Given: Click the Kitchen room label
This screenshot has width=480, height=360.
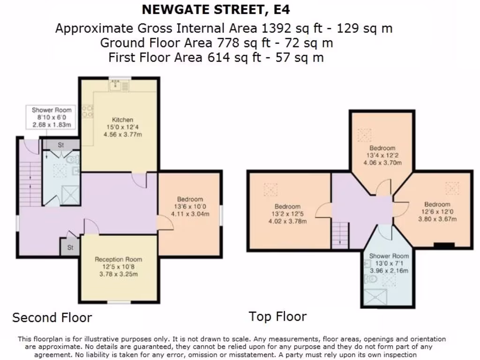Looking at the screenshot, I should [x=122, y=120].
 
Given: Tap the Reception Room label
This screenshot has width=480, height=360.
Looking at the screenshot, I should [x=118, y=259].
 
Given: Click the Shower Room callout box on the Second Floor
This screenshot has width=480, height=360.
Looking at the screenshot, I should [x=52, y=117].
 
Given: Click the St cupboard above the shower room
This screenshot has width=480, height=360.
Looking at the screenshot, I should [x=60, y=145].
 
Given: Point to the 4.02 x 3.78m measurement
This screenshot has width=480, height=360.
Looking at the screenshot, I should [x=287, y=221].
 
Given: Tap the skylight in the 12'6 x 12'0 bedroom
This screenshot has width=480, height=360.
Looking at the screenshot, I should [x=452, y=188].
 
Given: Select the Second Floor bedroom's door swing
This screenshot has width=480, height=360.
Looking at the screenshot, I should [x=165, y=222].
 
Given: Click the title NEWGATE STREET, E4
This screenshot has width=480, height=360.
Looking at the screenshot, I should [x=219, y=9].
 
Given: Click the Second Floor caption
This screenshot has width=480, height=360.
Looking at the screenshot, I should [x=52, y=318].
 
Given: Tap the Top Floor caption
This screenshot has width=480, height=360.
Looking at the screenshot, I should [x=277, y=316].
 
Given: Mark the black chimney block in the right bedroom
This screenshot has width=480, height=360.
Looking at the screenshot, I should [x=443, y=245].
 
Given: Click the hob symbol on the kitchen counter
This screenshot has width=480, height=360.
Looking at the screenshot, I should [x=87, y=111].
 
